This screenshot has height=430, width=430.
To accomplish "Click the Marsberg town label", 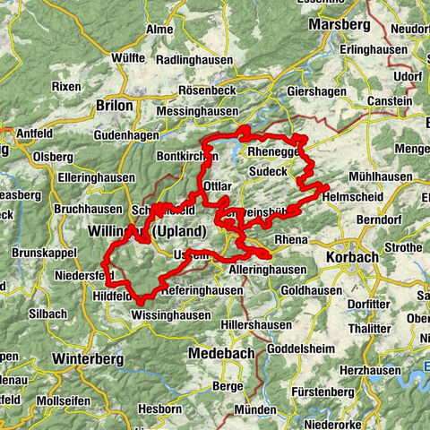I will point(340,23).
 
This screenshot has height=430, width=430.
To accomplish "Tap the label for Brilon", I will point(114,105).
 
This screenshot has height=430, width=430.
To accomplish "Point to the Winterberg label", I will point(88,358).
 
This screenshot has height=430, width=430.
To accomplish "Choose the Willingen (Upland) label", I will point(141,231).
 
